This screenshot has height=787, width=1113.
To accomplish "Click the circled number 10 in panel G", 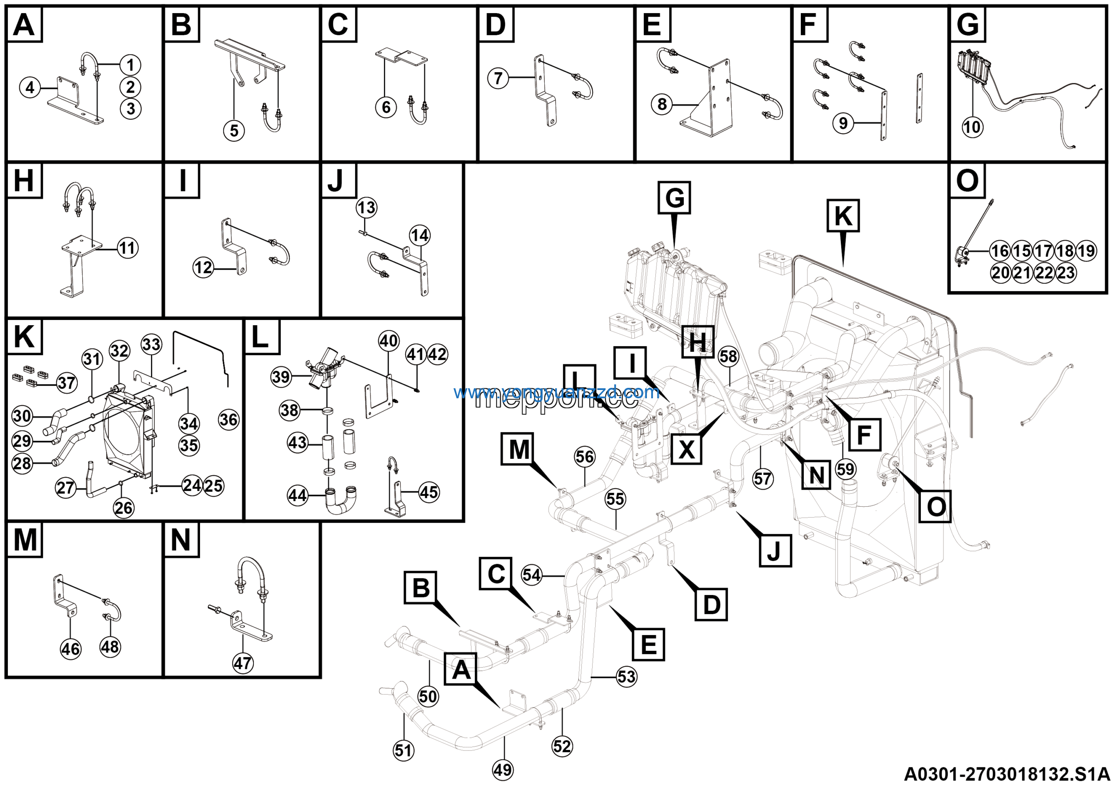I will click(971, 127).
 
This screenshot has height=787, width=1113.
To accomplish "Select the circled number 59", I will click(846, 469).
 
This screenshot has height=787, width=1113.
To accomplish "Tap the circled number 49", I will click(503, 770).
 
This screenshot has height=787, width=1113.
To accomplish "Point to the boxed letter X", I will click(686, 449).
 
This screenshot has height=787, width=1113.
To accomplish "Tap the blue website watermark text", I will click(556, 392).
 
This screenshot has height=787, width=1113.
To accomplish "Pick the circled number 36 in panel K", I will click(228, 419).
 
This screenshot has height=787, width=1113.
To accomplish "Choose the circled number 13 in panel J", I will click(366, 208).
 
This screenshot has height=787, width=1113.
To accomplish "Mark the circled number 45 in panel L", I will click(429, 492).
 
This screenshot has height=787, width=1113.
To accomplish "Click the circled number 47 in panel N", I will click(242, 663).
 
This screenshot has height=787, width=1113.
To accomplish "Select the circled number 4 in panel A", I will click(30, 88).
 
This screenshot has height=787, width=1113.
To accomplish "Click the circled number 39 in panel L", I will click(281, 377).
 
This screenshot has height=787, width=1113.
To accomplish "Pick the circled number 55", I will click(615, 499).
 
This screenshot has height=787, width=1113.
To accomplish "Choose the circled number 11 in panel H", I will click(127, 249).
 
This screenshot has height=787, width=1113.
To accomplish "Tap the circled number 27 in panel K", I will click(66, 488).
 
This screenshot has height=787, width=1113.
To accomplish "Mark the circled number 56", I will click(585, 457).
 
